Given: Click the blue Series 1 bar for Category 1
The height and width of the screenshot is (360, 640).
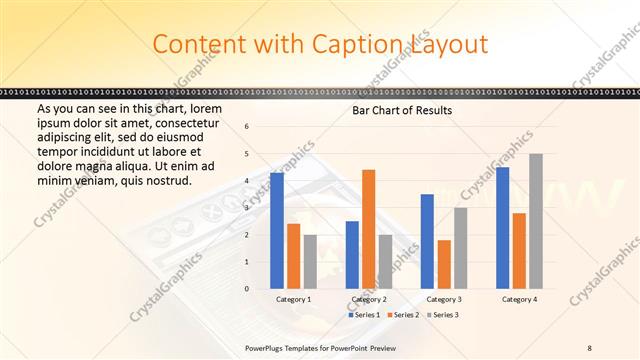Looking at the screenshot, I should (277, 231).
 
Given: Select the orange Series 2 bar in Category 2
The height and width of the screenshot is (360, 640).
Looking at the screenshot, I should (368, 229).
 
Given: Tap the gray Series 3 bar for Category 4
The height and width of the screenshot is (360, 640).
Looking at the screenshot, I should (536, 221).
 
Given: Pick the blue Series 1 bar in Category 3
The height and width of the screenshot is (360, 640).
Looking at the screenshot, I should (427, 241).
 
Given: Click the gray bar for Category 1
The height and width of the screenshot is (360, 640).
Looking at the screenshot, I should (310, 262).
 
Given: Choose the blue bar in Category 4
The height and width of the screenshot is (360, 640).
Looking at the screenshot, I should (502, 228).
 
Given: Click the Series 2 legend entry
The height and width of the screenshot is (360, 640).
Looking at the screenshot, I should (403, 315).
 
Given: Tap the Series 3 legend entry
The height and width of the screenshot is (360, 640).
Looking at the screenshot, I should (443, 315).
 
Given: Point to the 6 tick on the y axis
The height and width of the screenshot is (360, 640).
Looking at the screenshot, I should (247, 127).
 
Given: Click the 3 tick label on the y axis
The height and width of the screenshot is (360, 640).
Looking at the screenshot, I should (247, 208).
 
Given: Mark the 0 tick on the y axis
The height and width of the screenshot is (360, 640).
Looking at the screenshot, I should (247, 289).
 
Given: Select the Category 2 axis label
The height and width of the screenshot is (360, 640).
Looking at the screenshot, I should (369, 299).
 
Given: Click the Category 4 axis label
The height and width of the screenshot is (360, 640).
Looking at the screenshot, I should (519, 299).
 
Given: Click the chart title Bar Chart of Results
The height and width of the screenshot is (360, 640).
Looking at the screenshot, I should (402, 110).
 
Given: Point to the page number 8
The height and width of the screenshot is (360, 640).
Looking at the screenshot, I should (589, 346).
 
